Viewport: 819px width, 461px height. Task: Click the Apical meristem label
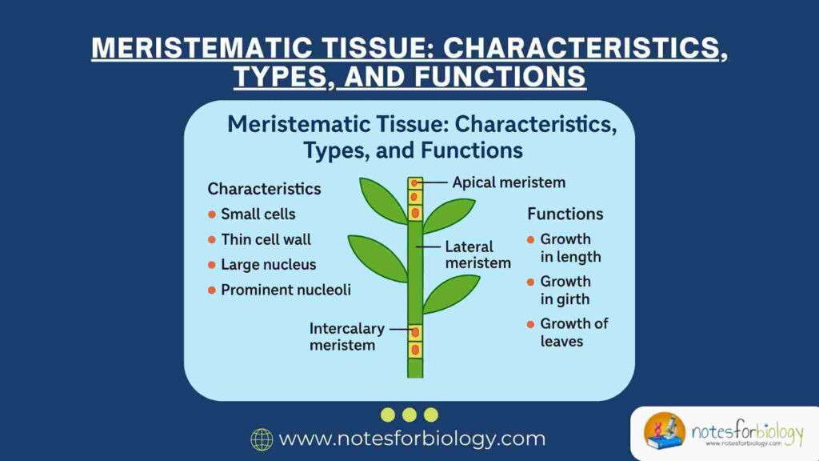(509, 182)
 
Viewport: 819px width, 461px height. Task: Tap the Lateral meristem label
(477, 255)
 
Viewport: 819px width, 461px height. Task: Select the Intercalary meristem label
(347, 337)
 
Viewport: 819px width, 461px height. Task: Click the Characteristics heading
(264, 189)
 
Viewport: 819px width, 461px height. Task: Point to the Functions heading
(565, 214)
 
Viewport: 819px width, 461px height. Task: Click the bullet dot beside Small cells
(212, 214)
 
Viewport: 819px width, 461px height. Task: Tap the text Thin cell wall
(266, 239)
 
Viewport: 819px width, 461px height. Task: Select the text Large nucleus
(268, 264)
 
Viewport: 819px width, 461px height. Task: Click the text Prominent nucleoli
(286, 290)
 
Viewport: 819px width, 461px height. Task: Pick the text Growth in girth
(565, 290)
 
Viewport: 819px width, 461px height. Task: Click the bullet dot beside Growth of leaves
(531, 324)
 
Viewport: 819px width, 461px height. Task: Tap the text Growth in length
(569, 247)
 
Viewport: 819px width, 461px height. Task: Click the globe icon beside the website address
(262, 439)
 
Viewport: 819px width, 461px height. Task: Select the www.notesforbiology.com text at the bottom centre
(412, 439)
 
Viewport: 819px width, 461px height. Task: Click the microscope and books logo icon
(665, 433)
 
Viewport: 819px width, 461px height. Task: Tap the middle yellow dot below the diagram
(409, 415)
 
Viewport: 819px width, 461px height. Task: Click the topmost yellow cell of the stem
(414, 183)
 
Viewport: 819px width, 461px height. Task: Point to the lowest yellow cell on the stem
(414, 350)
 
